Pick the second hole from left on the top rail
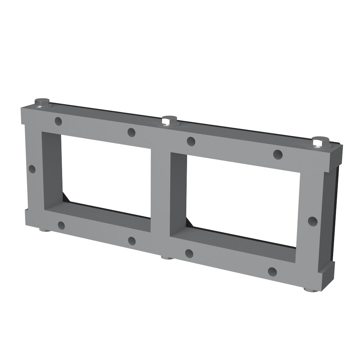pos(131,132)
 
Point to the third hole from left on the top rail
pos(191,141)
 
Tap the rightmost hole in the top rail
pos(278,154)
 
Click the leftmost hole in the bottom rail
pos(61,226)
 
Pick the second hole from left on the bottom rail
pos(131,240)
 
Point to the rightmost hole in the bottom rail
pos(273,271)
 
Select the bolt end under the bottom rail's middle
pos(166,257)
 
